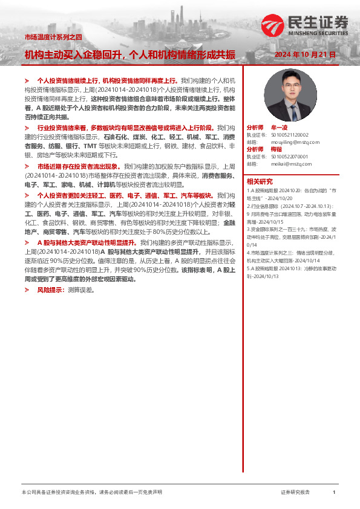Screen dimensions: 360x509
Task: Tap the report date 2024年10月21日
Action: tap(304, 55)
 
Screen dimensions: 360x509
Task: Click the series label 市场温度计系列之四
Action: tap(53, 37)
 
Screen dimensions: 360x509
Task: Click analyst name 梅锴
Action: tap(276, 149)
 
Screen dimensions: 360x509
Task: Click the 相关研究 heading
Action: tap(259, 181)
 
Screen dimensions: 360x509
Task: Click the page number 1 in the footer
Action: tap(334, 493)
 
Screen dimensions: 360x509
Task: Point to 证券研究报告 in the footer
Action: tap(295, 493)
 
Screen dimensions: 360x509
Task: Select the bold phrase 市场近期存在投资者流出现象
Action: tap(78, 166)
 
